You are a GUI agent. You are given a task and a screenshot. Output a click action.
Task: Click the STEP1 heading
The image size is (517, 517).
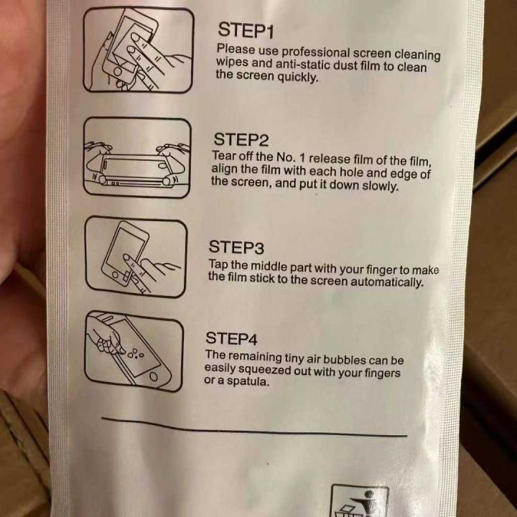(x=246, y=30)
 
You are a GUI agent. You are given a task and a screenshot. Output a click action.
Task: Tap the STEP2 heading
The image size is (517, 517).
(x=241, y=140)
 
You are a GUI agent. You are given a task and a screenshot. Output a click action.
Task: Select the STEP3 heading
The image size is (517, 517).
(x=236, y=247)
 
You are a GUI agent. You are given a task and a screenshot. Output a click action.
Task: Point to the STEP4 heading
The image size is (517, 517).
(x=231, y=338)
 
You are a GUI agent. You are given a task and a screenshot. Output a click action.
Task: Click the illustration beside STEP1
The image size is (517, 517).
(x=138, y=50)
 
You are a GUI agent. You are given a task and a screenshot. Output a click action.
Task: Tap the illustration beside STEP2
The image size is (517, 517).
(x=137, y=157)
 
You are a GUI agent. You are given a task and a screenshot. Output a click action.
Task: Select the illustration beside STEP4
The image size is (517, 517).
(x=134, y=351)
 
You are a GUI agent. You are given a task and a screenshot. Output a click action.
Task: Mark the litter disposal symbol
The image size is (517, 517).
(x=360, y=500)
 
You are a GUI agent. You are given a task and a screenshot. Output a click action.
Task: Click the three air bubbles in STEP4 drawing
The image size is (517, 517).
(x=136, y=353)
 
